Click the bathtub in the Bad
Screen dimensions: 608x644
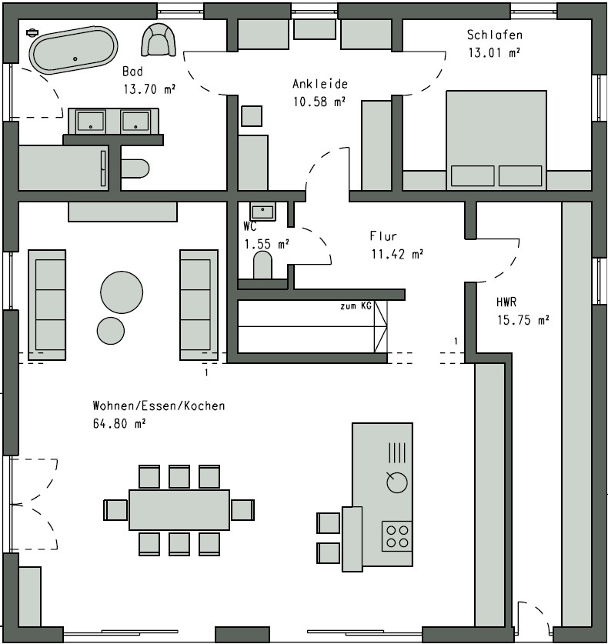coord(73,50)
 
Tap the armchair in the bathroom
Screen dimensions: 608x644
coord(159,39)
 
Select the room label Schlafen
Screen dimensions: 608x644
coord(495,35)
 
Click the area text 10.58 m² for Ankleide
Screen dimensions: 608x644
coord(319,102)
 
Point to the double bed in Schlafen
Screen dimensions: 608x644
coord(496,140)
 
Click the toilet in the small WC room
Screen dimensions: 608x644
coord(262,265)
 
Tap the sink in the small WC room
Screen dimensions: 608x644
coord(262,212)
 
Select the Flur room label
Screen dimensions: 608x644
coord(383,236)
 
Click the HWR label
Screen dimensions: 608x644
coord(506,302)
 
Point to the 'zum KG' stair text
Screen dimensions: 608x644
coord(356,306)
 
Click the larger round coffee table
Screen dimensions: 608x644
coord(122,292)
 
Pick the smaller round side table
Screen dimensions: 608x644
coord(111,331)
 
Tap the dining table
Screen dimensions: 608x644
coord(179,509)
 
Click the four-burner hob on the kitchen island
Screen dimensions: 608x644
coord(397,536)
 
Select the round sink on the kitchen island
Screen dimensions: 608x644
coord(397,482)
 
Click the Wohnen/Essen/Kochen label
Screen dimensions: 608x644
coord(159,405)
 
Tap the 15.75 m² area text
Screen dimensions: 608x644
coord(523,319)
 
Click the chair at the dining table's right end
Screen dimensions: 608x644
coord(242,509)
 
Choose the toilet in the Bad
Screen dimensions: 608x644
coord(135,169)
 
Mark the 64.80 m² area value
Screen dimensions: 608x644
coord(119,423)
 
